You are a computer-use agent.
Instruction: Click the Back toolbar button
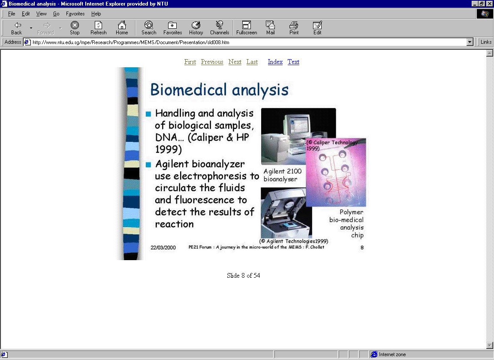point(17,28)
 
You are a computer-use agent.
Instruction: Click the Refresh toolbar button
point(98,28)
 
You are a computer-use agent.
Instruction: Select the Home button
point(122,28)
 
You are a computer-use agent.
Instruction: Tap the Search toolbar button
point(149,28)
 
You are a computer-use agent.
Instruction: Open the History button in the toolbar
point(196,28)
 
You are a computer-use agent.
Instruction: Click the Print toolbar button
point(294,28)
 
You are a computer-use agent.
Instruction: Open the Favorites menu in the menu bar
point(75,14)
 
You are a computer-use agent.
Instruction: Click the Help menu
point(96,14)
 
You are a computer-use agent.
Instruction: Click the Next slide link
point(235,62)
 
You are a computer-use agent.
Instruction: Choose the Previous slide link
point(212,62)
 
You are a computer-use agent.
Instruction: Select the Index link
point(275,62)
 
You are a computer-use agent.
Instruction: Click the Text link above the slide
point(293,62)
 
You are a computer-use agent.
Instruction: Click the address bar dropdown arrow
point(470,42)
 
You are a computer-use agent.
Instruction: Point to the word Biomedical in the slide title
point(188,90)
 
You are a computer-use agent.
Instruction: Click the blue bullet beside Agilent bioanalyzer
point(148,165)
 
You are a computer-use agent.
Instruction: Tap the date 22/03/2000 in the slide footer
point(163,248)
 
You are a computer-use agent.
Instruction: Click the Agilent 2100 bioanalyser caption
point(282,175)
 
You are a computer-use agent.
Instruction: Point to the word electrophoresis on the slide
point(210,176)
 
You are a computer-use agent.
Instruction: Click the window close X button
point(489,3)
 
